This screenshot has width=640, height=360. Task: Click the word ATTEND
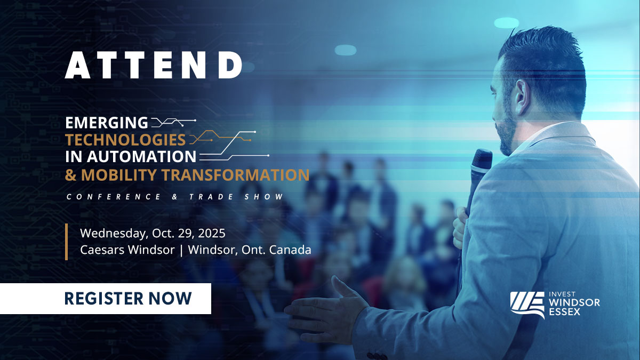(154, 66)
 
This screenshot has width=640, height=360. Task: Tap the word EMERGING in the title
(107, 123)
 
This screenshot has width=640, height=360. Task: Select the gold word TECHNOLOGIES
(125, 140)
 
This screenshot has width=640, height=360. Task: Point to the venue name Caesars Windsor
(127, 250)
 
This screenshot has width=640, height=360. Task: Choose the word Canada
(290, 250)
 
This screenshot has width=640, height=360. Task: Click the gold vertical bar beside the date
(67, 242)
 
